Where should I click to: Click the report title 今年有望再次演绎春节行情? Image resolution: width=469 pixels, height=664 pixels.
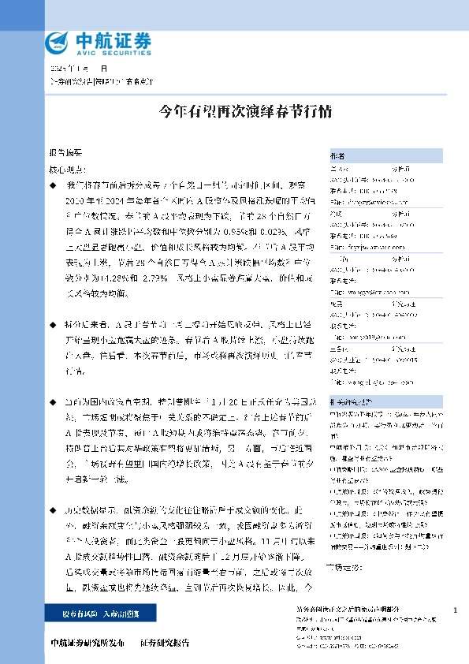click(x=233, y=110)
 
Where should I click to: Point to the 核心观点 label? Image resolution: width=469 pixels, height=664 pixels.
click(x=69, y=169)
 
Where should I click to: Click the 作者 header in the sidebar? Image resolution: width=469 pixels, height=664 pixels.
click(x=337, y=155)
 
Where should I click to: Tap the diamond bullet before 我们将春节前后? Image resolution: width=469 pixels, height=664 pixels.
click(x=52, y=184)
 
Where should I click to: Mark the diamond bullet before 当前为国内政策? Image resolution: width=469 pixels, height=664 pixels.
click(x=52, y=401)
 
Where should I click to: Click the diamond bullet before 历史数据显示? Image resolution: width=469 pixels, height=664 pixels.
click(x=52, y=510)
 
